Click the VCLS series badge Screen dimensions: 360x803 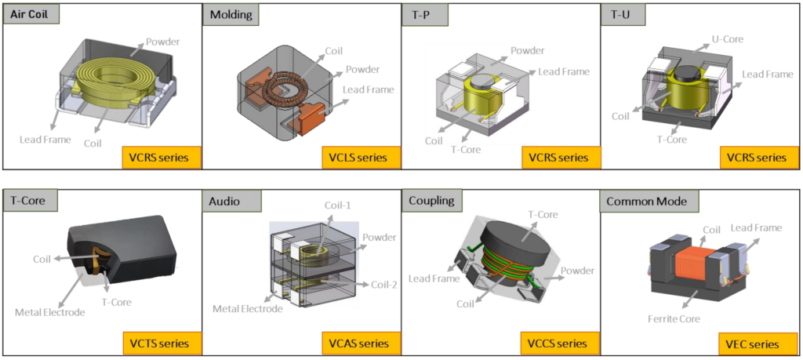click(x=361, y=157)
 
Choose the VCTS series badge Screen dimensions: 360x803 click(x=162, y=343)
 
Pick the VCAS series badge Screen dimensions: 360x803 click(x=361, y=343)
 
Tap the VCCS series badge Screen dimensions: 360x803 click(x=560, y=343)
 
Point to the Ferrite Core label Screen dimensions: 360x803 click(x=674, y=318)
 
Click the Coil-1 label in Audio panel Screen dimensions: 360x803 click(x=339, y=205)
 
